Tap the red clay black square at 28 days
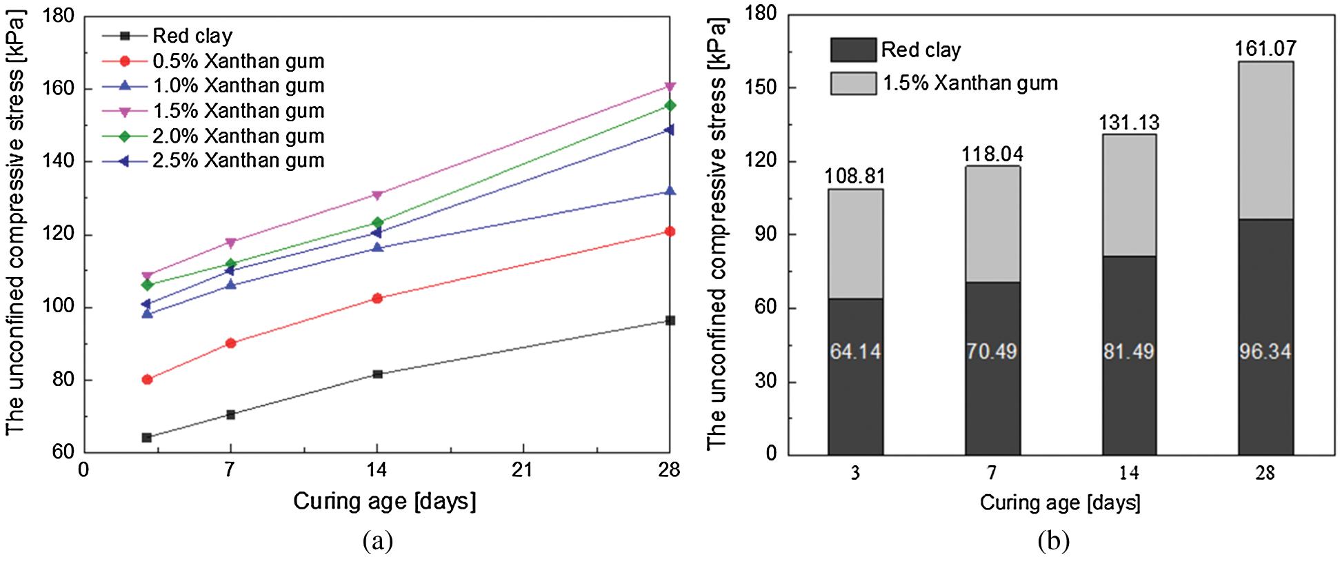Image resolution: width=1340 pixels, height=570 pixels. pyautogui.click(x=670, y=320)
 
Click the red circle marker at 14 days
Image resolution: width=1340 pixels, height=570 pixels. pyautogui.click(x=377, y=298)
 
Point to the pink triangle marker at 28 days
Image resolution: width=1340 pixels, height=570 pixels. pyautogui.click(x=670, y=87)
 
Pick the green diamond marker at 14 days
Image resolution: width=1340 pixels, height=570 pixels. pyautogui.click(x=377, y=223)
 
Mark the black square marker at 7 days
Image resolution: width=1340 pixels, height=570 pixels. pyautogui.click(x=230, y=414)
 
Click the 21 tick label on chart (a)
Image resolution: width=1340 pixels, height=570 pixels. pyautogui.click(x=523, y=470)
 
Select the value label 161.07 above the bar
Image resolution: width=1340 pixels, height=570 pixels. pyautogui.click(x=1265, y=48)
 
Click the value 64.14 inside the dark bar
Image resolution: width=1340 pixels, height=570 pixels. pyautogui.click(x=855, y=352)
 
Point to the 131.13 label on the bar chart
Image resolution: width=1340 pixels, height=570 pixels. pyautogui.click(x=1128, y=123)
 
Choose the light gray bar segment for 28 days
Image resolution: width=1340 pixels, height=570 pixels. pyautogui.click(x=1266, y=141)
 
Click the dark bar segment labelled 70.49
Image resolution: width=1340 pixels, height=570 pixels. pyautogui.click(x=992, y=386)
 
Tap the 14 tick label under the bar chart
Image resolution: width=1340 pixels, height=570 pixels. pyautogui.click(x=1128, y=474)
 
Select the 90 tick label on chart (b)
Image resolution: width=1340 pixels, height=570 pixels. pyautogui.click(x=766, y=234)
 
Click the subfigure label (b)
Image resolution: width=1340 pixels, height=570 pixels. pyautogui.click(x=1053, y=542)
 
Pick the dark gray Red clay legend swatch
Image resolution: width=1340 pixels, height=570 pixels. pyautogui.click(x=853, y=50)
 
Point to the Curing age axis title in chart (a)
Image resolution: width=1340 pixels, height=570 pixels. pyautogui.click(x=384, y=502)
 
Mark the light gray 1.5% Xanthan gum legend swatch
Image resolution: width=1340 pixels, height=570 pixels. pyautogui.click(x=853, y=83)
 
